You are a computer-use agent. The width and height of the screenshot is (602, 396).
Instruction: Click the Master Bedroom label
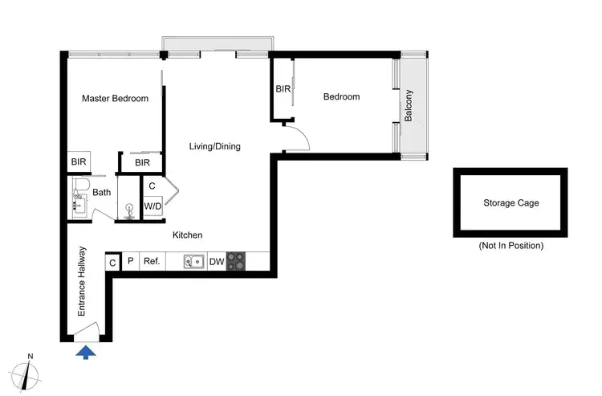tap(116, 99)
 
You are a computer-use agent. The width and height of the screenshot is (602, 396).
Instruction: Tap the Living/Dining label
tap(214, 146)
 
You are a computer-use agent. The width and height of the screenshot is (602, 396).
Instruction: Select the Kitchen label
tap(188, 235)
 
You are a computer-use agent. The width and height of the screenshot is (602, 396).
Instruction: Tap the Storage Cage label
tap(510, 202)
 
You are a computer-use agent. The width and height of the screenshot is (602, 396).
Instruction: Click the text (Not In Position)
tap(510, 245)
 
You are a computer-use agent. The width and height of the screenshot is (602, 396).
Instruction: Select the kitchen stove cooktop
tap(236, 261)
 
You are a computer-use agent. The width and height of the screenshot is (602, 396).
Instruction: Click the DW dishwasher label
tap(216, 261)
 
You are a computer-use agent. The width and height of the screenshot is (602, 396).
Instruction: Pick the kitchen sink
tap(193, 261)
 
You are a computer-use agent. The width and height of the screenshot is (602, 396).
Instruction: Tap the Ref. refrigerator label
tap(151, 261)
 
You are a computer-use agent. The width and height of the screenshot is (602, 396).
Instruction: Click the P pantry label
tap(130, 261)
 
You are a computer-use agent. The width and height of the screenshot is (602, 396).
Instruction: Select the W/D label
tap(153, 206)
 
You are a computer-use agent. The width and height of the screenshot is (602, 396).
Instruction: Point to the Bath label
tap(101, 192)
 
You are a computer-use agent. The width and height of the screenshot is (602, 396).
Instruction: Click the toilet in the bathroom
tap(79, 189)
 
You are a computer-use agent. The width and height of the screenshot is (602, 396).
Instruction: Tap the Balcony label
tap(409, 104)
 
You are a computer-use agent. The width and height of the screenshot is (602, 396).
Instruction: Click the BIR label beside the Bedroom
tap(283, 89)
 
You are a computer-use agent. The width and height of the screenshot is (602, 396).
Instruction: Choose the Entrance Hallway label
tap(82, 281)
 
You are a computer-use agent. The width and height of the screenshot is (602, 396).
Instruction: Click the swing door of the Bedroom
tap(297, 137)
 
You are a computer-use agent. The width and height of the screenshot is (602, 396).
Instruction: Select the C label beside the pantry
tap(112, 262)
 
